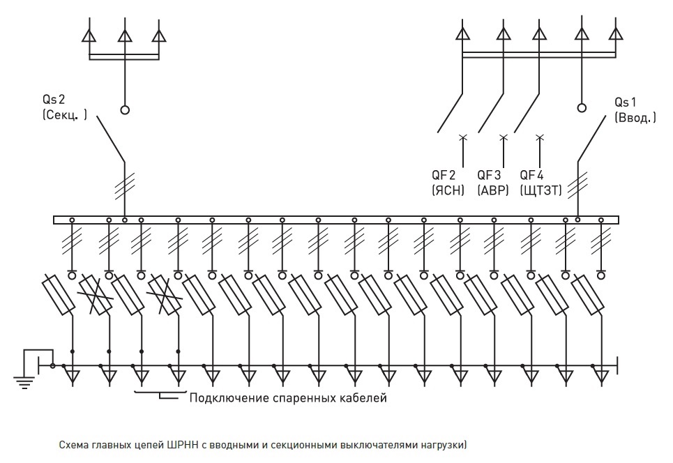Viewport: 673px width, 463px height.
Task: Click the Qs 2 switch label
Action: (x=54, y=99)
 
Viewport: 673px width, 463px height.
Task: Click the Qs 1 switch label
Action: (x=626, y=102)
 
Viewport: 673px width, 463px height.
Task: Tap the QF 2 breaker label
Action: (x=444, y=175)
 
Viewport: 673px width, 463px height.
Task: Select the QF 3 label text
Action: (x=490, y=175)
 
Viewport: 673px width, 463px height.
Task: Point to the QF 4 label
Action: (x=532, y=175)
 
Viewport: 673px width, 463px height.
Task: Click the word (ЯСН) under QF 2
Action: (x=448, y=190)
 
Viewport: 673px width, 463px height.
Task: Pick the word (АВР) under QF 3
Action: (x=493, y=190)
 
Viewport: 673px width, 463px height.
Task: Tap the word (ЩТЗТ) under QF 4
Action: (x=540, y=190)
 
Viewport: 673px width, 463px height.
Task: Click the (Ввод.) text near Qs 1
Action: (x=635, y=117)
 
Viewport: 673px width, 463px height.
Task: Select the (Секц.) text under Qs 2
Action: (x=65, y=114)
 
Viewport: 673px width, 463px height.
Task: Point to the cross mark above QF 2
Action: (x=462, y=137)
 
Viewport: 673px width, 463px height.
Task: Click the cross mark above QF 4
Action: (x=540, y=137)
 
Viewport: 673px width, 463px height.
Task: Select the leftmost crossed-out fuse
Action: (x=96, y=295)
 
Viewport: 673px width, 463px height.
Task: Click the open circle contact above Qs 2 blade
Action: (x=125, y=110)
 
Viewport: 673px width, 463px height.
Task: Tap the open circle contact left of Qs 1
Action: (x=582, y=107)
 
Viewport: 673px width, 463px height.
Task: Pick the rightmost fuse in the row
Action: (x=587, y=295)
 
